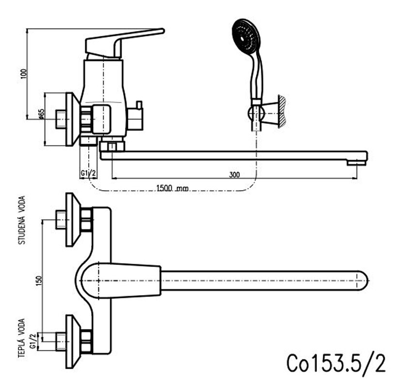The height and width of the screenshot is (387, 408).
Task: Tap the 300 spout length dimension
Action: [235, 175]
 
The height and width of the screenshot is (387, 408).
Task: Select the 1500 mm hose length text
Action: [172, 188]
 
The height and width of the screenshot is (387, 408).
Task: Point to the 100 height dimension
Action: [24, 74]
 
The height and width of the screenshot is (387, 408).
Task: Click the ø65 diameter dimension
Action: [41, 114]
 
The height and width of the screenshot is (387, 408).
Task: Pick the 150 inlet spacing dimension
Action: [39, 281]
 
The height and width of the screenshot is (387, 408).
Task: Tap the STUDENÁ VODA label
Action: [22, 220]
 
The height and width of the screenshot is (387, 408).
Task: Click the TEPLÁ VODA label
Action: [22, 338]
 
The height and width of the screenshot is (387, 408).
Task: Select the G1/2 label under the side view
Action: [88, 173]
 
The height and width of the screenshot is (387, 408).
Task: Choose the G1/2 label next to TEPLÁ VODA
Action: [33, 341]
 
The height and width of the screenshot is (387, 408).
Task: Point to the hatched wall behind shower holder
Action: [282, 111]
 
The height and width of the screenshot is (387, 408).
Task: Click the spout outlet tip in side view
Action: [357, 163]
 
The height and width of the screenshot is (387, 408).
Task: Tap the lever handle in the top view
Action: [121, 281]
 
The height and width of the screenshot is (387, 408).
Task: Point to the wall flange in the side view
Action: [73, 119]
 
